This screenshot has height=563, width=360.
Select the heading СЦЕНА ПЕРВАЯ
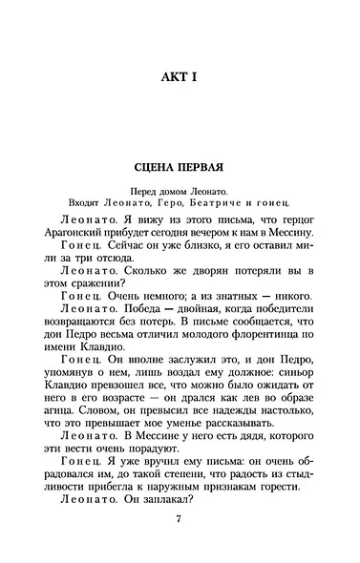point(179,162)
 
